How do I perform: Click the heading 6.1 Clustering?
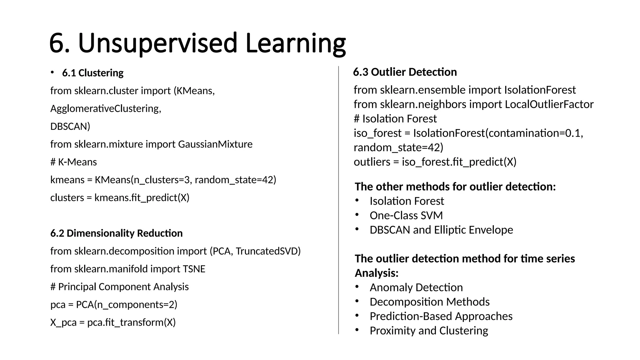93,73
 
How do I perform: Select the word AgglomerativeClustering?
105,108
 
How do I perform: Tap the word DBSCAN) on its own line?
70,126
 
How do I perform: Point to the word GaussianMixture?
215,144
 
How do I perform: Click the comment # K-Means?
73,162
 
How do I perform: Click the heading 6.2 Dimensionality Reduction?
116,233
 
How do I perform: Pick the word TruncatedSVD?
267,251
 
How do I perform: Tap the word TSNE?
194,269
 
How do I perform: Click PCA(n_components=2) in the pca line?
127,304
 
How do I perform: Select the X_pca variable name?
63,322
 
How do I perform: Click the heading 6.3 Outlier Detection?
405,72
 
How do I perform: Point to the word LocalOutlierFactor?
549,104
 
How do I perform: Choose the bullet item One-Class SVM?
406,215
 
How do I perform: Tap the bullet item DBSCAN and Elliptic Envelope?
441,230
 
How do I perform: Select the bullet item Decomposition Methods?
429,302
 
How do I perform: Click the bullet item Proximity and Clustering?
428,330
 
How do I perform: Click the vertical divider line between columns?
338,200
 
